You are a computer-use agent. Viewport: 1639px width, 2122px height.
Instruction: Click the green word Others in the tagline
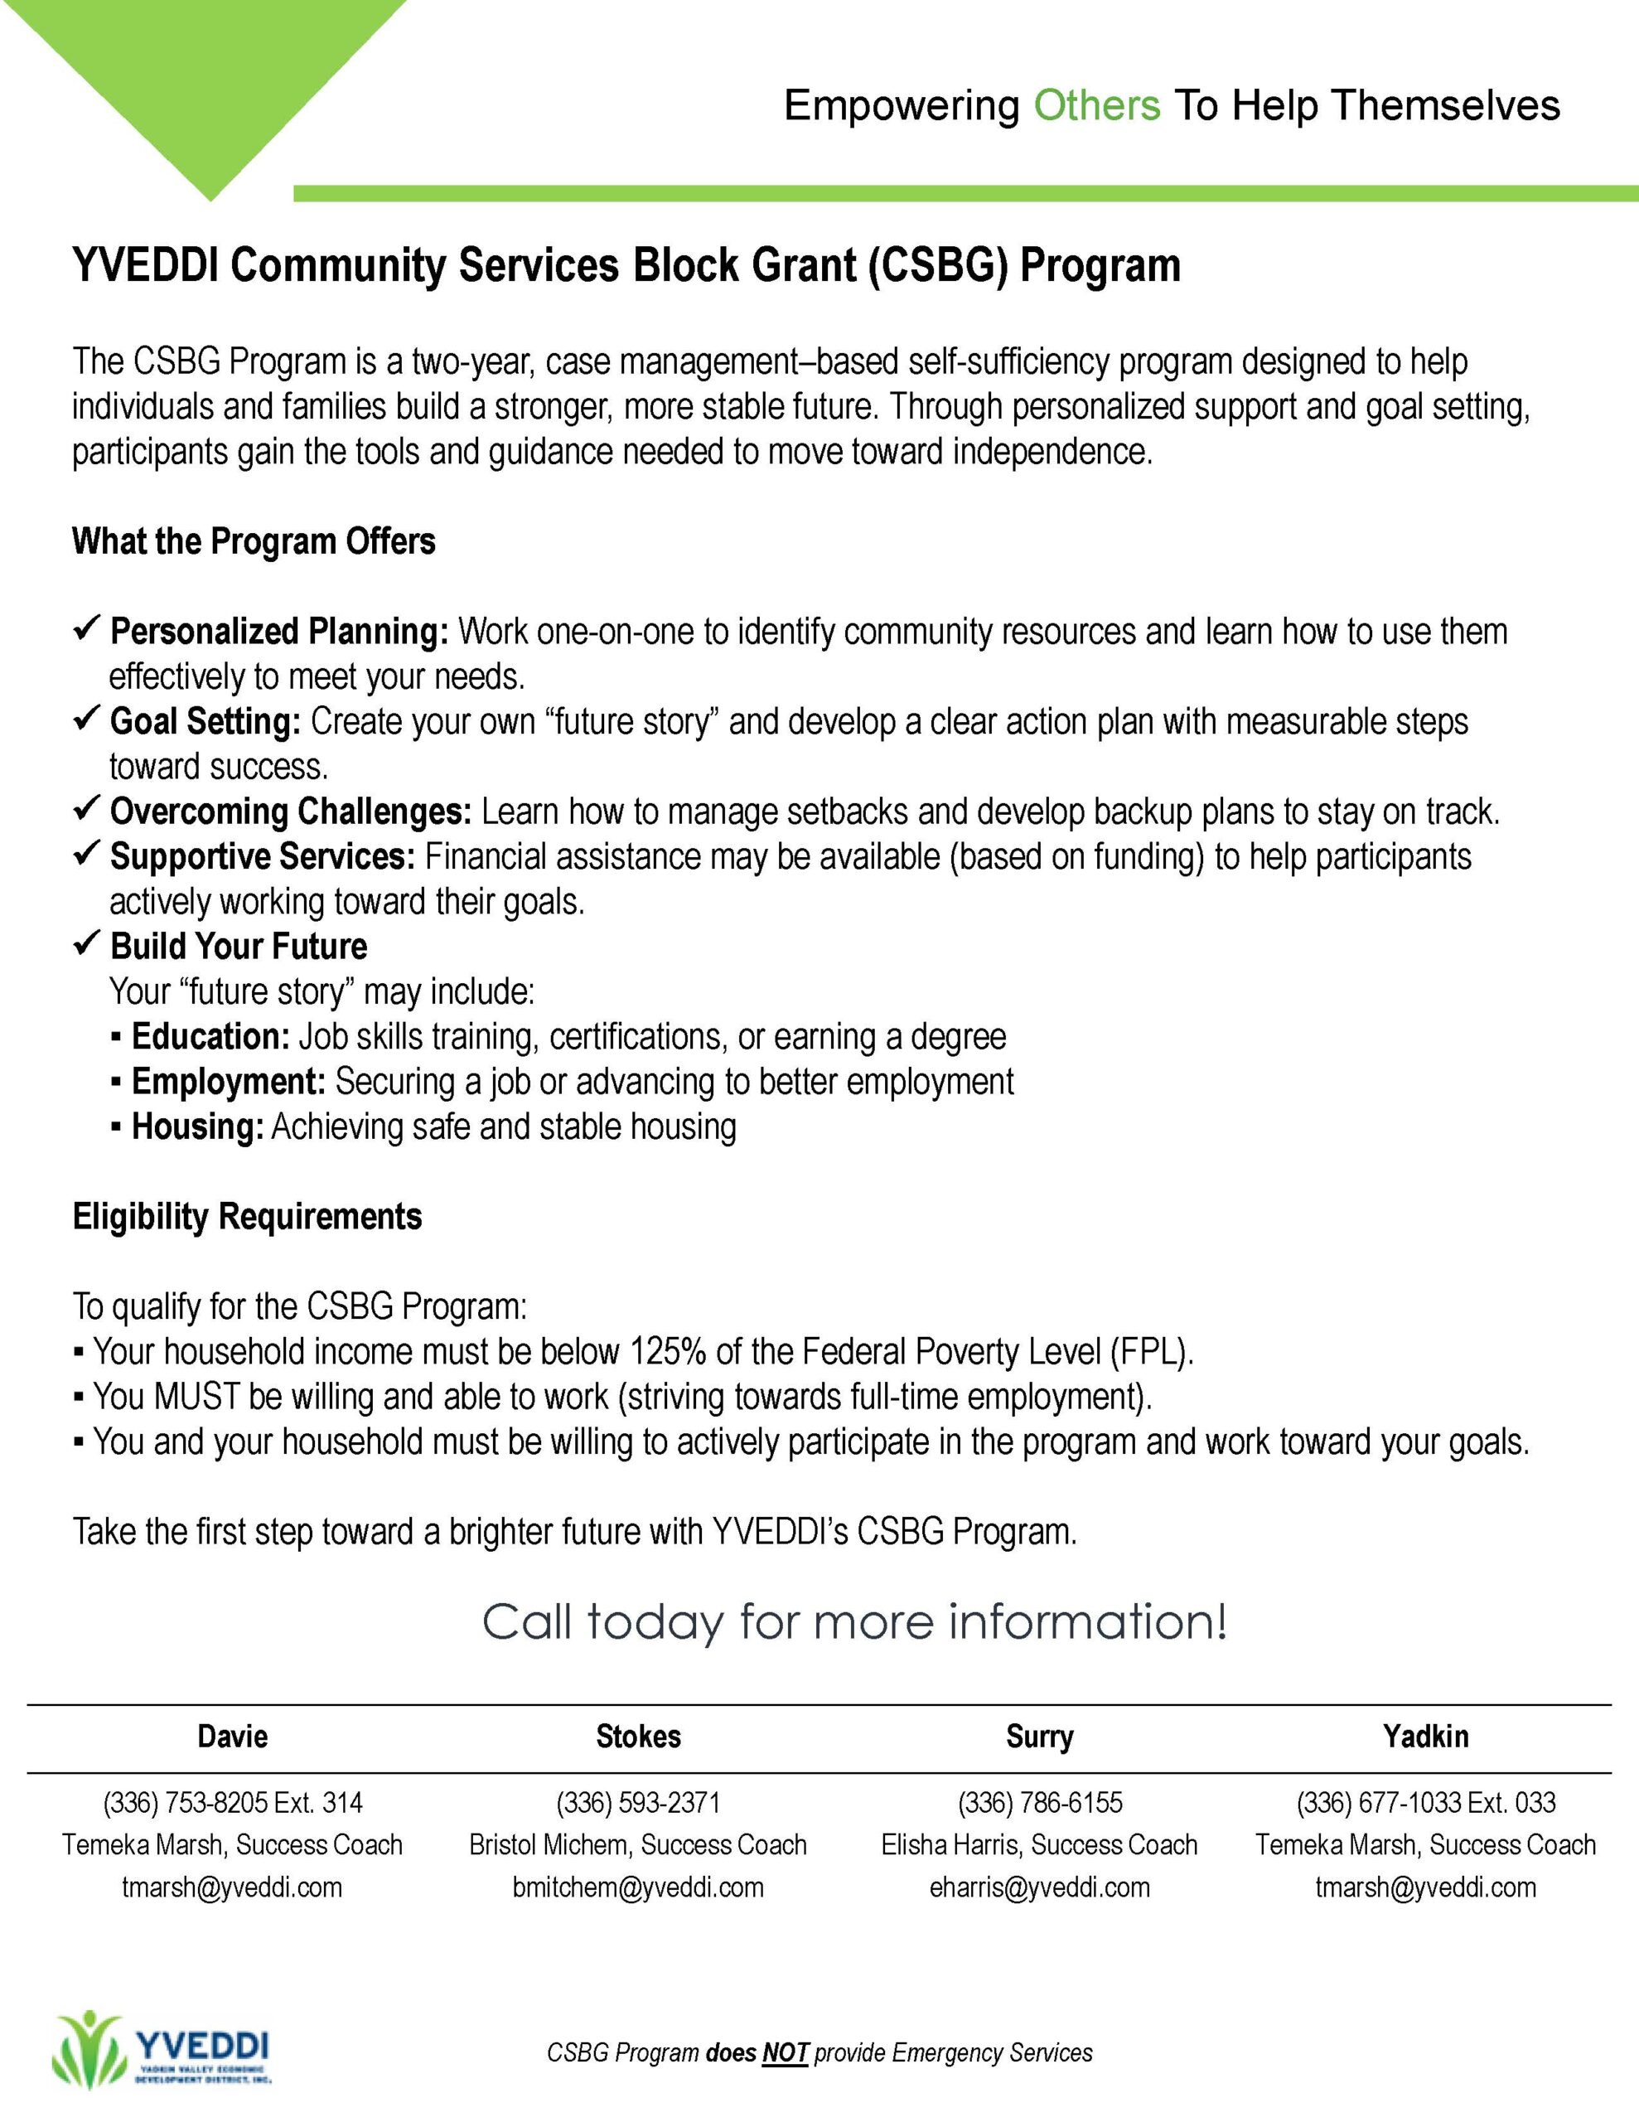pos(1096,105)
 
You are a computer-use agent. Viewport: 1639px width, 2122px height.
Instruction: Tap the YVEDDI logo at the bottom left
pos(162,2047)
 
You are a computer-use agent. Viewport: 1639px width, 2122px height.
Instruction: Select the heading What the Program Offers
pos(254,541)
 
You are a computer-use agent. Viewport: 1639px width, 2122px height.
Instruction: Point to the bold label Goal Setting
pos(205,721)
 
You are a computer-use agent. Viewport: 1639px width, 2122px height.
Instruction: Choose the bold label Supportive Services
pos(263,856)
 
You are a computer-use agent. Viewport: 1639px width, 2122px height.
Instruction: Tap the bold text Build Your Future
pos(238,946)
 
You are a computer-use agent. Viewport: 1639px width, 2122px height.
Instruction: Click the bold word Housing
pos(197,1126)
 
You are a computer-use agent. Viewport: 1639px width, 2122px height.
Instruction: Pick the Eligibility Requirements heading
pos(247,1217)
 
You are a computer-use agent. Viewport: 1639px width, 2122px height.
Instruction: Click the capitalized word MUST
pos(196,1396)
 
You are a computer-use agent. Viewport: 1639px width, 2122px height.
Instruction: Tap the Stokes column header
pos(638,1737)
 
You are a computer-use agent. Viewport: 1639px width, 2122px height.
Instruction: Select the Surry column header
pos(1040,1737)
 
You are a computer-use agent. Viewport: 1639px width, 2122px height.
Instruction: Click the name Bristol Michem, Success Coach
pos(638,1845)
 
